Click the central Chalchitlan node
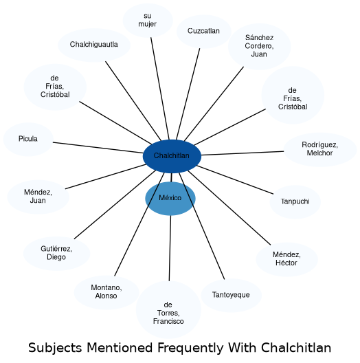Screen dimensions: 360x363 coord(172,156)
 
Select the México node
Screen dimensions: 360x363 coord(170,199)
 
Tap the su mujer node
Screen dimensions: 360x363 coord(148,21)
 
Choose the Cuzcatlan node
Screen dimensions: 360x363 coord(204,32)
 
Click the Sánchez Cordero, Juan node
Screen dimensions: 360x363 coord(260,46)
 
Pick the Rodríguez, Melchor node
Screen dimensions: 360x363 coord(320,150)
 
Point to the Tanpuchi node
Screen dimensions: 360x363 coord(295,202)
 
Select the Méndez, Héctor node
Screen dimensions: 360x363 coord(287,259)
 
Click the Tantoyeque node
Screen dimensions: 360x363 coord(231,296)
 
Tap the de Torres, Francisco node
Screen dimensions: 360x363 coord(168,309)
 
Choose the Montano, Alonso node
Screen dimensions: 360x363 coord(106,292)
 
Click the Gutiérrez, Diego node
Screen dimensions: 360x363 coord(57,254)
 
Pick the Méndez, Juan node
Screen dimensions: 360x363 coord(38,197)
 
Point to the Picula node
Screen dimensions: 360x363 coord(28,140)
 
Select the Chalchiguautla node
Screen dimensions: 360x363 coord(94,45)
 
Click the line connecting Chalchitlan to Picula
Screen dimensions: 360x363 coord(98,148)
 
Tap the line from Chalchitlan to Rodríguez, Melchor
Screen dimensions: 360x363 coord(243,153)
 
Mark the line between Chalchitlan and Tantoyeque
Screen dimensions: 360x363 coord(201,226)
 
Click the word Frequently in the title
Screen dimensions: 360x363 coord(190,348)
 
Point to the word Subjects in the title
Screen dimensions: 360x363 coord(55,348)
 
